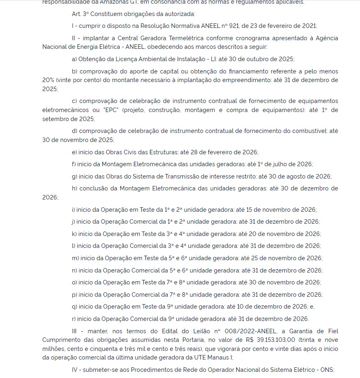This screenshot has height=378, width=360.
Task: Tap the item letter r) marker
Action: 74,319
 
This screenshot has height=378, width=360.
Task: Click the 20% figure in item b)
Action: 49,80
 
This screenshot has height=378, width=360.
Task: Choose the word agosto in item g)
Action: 289,176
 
